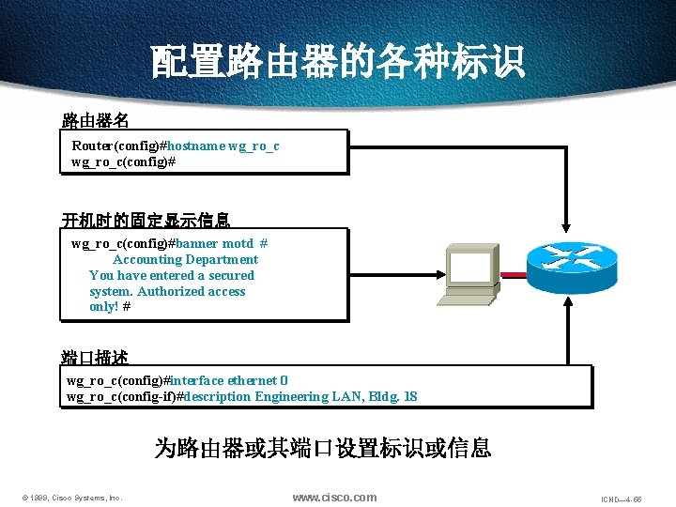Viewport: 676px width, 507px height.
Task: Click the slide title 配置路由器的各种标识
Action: point(338,62)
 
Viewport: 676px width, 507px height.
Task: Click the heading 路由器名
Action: point(95,120)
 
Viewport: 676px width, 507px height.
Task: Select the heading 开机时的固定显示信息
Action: point(146,221)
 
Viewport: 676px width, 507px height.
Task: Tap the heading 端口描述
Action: point(95,358)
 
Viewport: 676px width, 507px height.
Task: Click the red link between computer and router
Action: point(513,275)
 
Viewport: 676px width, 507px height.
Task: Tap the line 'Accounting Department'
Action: point(185,259)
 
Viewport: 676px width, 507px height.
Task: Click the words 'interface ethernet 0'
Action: point(229,380)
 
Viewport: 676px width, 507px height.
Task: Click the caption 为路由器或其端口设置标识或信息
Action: point(323,447)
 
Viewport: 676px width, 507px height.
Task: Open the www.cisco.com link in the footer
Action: point(334,497)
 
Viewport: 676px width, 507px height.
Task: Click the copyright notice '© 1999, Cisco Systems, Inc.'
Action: point(72,498)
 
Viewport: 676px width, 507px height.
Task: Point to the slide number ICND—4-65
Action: point(622,499)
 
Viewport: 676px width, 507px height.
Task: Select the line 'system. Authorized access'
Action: point(167,291)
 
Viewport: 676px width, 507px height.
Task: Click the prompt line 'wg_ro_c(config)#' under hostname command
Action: point(124,161)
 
